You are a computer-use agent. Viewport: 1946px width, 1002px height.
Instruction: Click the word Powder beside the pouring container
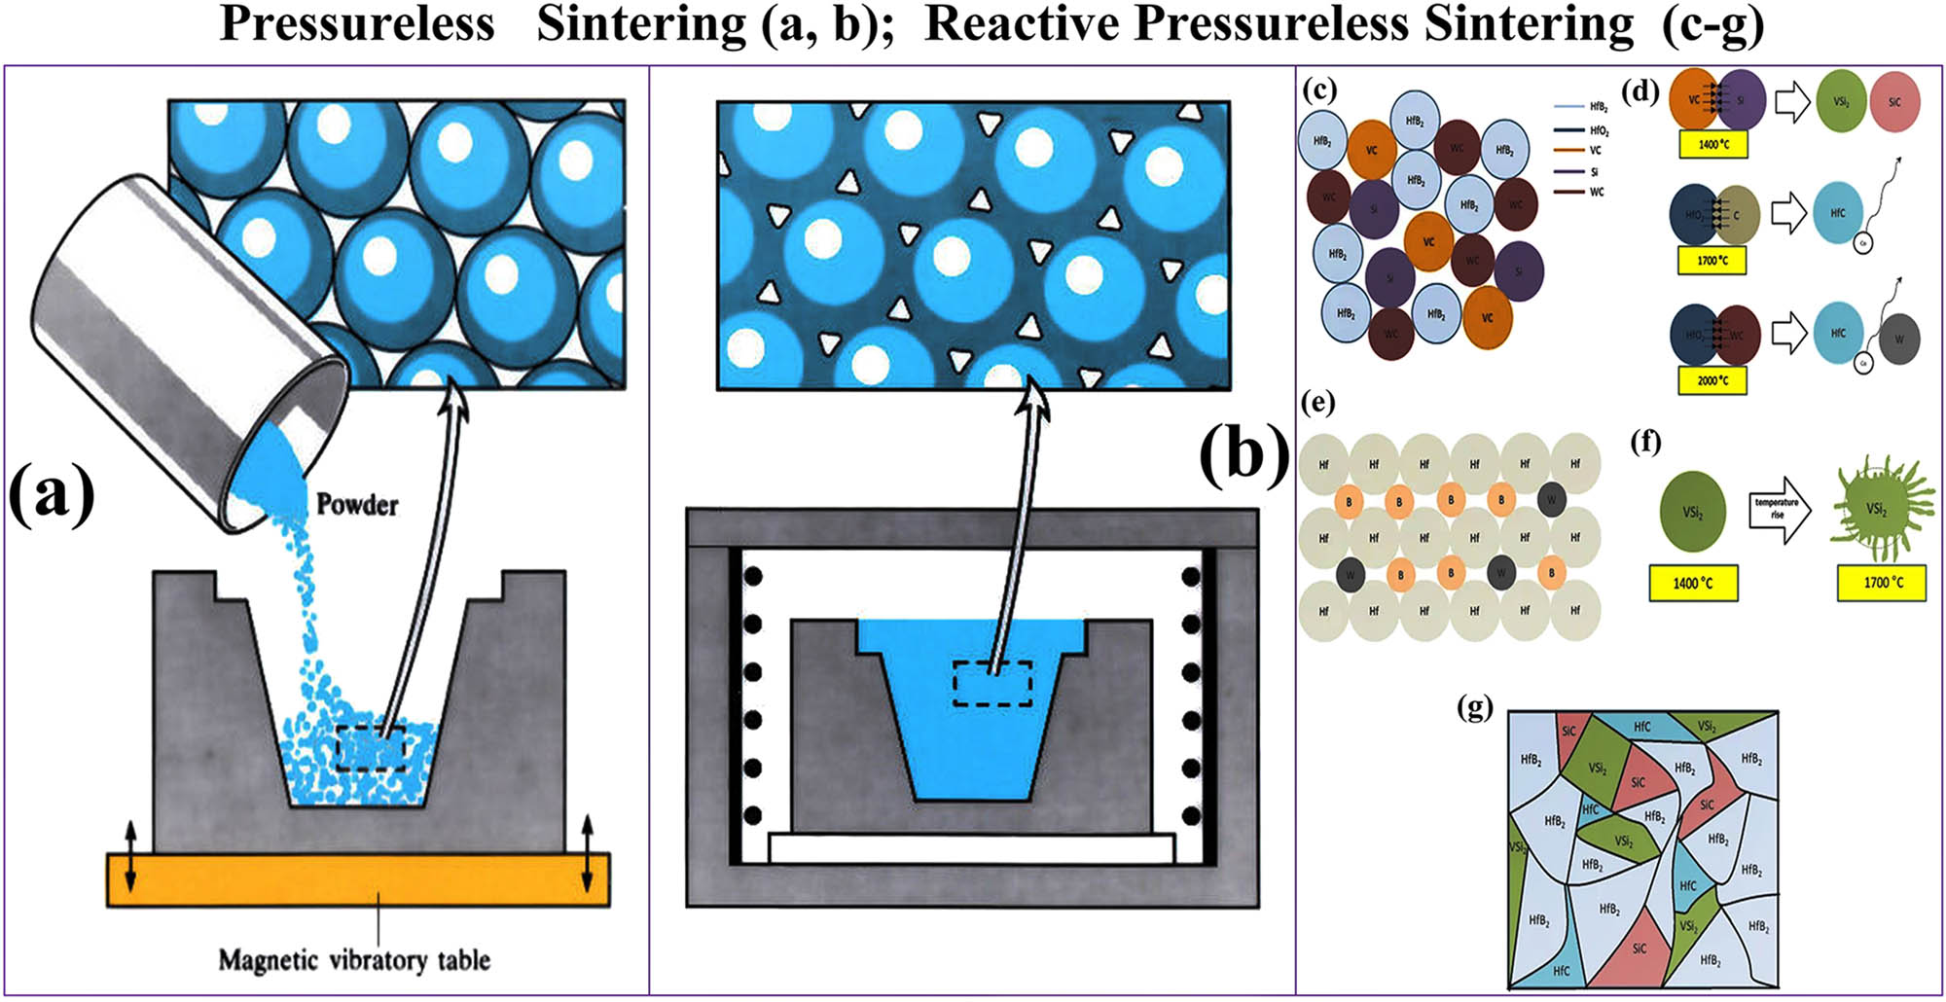pyautogui.click(x=357, y=504)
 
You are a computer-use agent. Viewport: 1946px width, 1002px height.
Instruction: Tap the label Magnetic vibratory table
pyautogui.click(x=354, y=960)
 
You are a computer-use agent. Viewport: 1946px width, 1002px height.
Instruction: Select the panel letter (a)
pyautogui.click(x=52, y=493)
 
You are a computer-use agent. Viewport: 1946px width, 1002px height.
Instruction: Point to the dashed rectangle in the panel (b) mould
pyautogui.click(x=992, y=683)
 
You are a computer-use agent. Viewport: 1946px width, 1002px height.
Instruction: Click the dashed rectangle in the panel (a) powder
pyautogui.click(x=370, y=748)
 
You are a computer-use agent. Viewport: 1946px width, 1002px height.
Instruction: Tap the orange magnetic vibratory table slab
pyautogui.click(x=358, y=879)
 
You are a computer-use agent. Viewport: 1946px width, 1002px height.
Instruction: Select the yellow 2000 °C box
pyautogui.click(x=1712, y=380)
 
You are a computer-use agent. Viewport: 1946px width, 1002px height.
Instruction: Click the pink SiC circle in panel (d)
pyautogui.click(x=1893, y=102)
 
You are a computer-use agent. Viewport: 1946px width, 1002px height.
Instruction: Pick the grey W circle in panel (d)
pyautogui.click(x=1898, y=340)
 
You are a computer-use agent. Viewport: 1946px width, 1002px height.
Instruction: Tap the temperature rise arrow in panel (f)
pyautogui.click(x=1779, y=509)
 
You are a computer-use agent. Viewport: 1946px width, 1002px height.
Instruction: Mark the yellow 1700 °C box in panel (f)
pyautogui.click(x=1882, y=583)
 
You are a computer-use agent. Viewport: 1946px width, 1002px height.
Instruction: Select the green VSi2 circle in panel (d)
pyautogui.click(x=1841, y=102)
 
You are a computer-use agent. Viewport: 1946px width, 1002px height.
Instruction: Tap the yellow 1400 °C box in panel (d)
pyautogui.click(x=1712, y=144)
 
